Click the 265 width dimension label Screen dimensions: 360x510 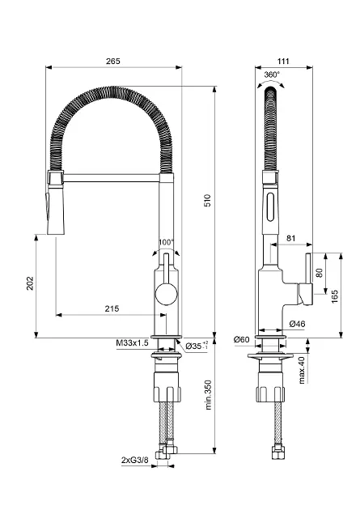point(113,61)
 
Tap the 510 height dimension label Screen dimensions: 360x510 point(207,201)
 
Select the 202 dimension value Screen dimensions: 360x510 point(30,283)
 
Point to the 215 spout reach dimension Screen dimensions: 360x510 point(112,308)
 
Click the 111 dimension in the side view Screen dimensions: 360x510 point(283,61)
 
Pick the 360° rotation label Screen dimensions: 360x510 point(272,74)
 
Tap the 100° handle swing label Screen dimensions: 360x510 point(167,242)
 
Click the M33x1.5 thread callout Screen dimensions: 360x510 point(132,342)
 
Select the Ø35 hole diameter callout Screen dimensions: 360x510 point(197,346)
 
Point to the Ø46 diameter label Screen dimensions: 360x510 point(297,324)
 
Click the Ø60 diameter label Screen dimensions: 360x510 point(241,339)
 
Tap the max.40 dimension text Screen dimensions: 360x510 point(302,370)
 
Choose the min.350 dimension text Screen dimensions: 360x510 point(208,395)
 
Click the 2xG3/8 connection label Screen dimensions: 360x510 point(135,460)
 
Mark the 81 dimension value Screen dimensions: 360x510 point(291,238)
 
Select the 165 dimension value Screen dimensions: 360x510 point(335,296)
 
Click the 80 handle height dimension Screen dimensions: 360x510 point(319,273)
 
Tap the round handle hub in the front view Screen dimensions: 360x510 point(167,294)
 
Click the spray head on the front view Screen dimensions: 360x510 point(55,202)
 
